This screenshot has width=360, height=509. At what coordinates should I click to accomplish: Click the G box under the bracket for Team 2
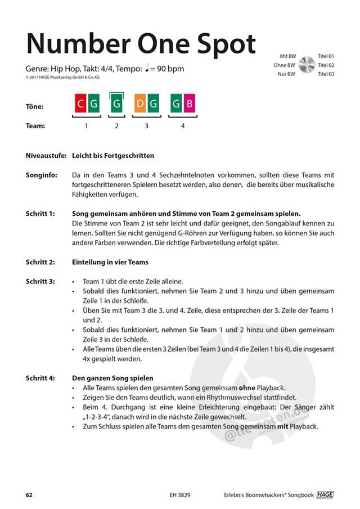pyautogui.click(x=116, y=104)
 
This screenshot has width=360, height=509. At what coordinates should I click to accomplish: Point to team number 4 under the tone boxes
pyautogui.click(x=183, y=126)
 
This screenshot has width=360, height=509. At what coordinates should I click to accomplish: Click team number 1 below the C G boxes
pyautogui.click(x=86, y=126)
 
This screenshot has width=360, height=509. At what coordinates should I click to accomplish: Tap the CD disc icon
pyautogui.click(x=307, y=65)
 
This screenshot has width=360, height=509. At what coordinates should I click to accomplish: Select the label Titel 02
pyautogui.click(x=326, y=65)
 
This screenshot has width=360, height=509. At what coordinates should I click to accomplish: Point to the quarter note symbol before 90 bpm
pyautogui.click(x=147, y=69)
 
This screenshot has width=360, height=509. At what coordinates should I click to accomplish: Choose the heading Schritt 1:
pyautogui.click(x=40, y=214)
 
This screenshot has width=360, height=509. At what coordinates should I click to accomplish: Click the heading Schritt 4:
pyautogui.click(x=40, y=378)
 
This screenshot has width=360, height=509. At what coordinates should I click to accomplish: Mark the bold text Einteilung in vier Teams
pyautogui.click(x=110, y=262)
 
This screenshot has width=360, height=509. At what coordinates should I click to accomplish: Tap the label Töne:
pyautogui.click(x=35, y=106)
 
